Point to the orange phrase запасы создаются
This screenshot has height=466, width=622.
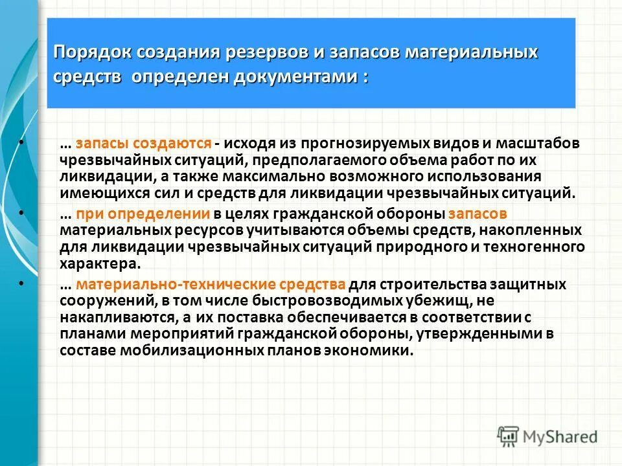tap(144, 143)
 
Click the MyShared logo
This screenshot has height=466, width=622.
tap(548, 436)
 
